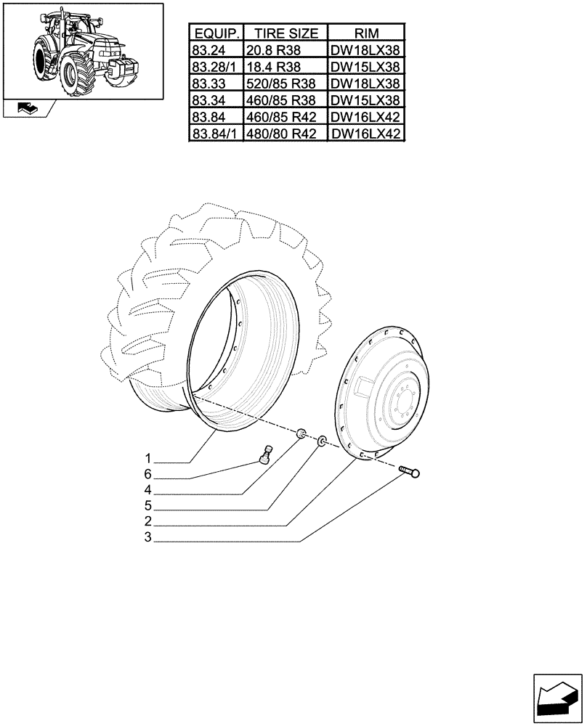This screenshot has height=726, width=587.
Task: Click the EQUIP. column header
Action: coord(216,33)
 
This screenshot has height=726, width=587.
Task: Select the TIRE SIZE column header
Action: coord(286,33)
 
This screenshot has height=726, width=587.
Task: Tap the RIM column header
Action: coord(366,33)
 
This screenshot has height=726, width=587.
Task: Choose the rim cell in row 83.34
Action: coord(366,100)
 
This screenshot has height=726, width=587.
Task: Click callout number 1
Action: coord(147,459)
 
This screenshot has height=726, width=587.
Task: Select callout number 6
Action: coord(147,474)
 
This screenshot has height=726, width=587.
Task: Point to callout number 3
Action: coord(147,538)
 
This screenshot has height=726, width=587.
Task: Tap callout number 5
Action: coord(147,506)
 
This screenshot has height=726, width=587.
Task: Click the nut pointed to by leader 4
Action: coord(300,434)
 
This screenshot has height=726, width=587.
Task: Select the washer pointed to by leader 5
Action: coord(320,440)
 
